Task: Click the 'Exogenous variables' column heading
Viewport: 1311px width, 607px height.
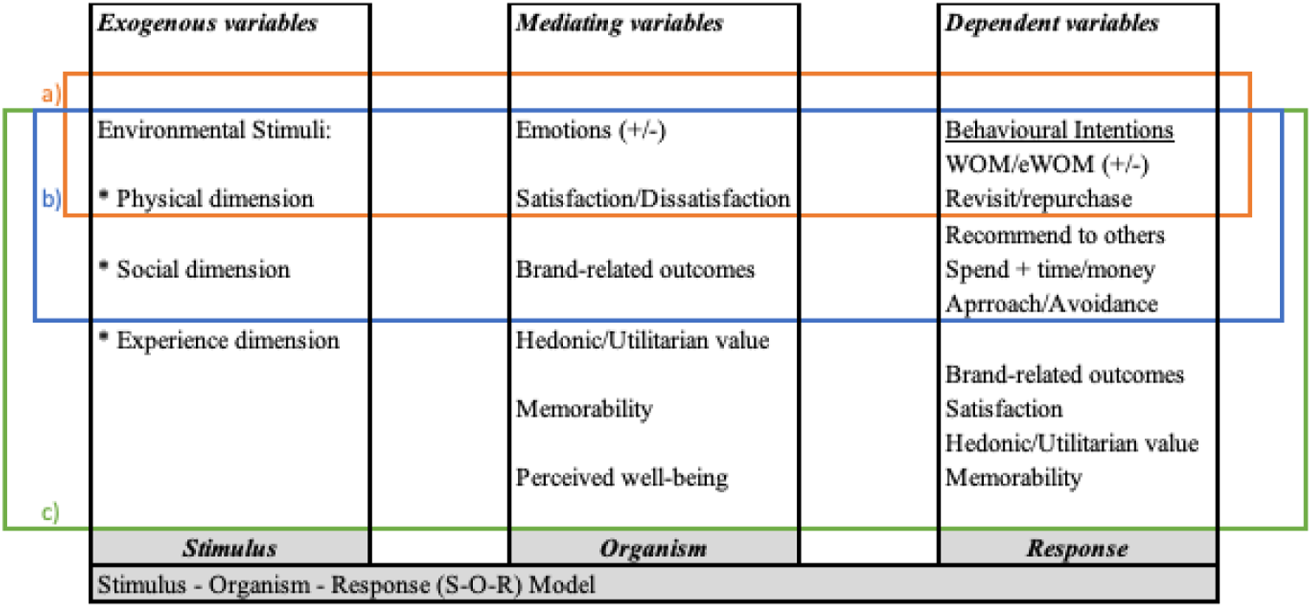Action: point(207,23)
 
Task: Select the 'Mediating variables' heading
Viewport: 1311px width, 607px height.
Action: point(619,23)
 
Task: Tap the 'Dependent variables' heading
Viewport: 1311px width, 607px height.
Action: point(1052,23)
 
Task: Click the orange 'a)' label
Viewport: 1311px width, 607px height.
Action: point(51,94)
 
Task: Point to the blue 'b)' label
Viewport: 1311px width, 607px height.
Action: point(52,199)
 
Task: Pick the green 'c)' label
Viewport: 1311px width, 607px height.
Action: point(51,512)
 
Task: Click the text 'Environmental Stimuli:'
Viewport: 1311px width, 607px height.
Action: point(214,130)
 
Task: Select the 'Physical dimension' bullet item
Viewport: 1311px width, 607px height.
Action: point(206,199)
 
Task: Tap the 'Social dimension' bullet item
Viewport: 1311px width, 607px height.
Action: point(194,269)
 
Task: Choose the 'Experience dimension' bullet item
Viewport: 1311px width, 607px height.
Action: point(219,340)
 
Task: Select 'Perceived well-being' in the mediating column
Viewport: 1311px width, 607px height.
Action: point(622,478)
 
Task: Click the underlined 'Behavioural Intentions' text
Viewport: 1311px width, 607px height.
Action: point(1060,130)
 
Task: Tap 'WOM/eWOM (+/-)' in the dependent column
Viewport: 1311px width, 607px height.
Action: point(1047,164)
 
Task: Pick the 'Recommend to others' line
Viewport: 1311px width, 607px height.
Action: point(1055,235)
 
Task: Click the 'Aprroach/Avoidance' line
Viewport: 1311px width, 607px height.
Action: point(1052,304)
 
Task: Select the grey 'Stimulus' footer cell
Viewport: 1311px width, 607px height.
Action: point(230,548)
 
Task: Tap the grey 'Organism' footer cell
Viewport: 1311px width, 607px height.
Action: point(654,548)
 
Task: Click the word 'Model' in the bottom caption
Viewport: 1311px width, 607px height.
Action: point(562,585)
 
